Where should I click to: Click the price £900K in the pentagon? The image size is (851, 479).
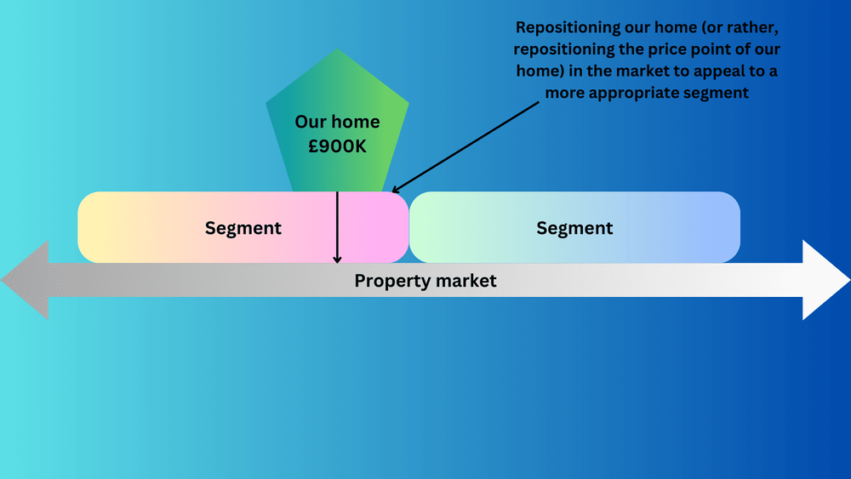coord(337,146)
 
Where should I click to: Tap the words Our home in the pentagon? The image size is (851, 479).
coord(337,122)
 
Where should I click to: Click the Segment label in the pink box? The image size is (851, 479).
coord(243,228)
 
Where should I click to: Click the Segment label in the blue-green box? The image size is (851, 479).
coord(574,228)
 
